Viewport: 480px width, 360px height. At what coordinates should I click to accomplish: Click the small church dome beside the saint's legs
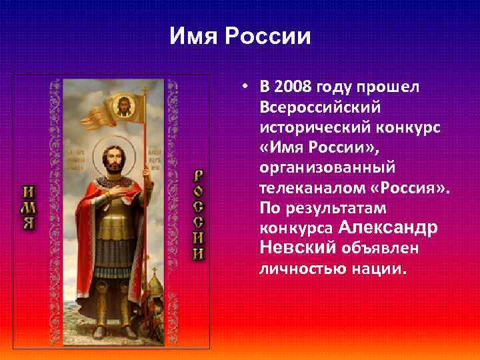point(154,288)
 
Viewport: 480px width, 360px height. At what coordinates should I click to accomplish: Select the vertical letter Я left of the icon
point(29,223)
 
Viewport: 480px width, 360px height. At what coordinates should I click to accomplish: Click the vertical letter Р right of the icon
point(198,176)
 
